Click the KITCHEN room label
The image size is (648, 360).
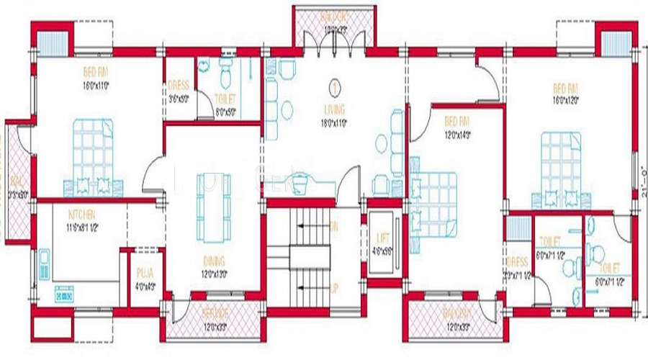click(82, 215)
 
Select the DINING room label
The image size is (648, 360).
click(214, 261)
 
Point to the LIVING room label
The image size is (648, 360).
click(334, 109)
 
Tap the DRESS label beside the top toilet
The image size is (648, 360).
click(178, 85)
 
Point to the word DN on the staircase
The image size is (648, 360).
click(334, 225)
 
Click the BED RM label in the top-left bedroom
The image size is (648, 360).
click(95, 73)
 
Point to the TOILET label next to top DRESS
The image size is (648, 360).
click(226, 99)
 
